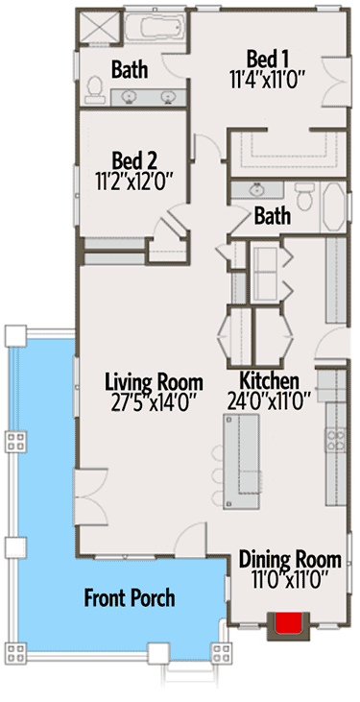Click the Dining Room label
[289, 559]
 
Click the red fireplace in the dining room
[290, 625]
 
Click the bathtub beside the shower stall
[154, 30]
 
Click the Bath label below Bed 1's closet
[272, 217]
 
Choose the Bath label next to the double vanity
[129, 69]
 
